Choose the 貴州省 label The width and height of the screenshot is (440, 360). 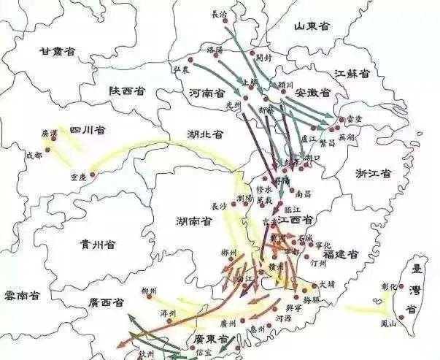tap(99, 243)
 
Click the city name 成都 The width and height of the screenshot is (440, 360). tap(34, 156)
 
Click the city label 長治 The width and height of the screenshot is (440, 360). tap(219, 13)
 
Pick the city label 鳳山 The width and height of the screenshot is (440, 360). tap(388, 322)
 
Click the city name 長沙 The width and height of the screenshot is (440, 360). tap(219, 206)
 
